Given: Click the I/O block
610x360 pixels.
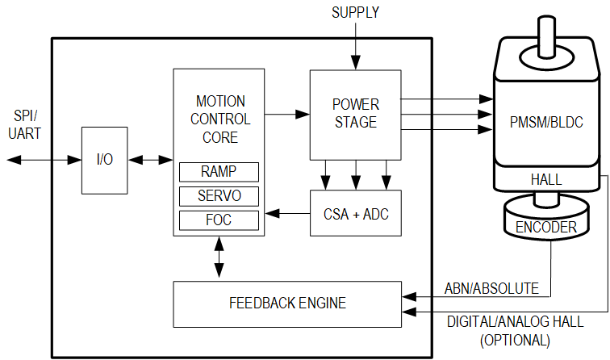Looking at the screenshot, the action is pos(104,160).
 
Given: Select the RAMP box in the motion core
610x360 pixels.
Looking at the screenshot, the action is pos(219,172).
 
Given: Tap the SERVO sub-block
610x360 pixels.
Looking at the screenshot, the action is pos(219,196).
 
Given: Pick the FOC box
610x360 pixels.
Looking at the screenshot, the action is pos(219,220).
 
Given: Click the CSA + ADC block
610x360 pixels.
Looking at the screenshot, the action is pos(356,213).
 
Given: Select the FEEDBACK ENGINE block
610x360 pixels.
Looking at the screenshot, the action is pos(287,304).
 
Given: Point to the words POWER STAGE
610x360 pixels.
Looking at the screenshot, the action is pos(356,113).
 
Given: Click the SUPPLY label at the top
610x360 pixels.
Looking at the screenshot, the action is pos(355,12).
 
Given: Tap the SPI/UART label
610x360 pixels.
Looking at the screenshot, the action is pos(24,124).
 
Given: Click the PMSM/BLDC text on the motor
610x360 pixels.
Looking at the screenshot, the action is pos(546,122).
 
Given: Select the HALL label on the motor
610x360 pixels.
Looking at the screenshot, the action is pos(546,179).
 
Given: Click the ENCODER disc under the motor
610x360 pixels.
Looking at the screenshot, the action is pos(546,218).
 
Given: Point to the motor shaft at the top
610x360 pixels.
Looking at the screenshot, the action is pos(546,35).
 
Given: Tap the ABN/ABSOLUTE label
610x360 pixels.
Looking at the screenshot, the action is pos(491,288).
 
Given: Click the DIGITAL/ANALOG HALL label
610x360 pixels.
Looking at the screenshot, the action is pos(515,322).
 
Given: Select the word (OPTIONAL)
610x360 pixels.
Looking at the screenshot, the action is pos(515,340).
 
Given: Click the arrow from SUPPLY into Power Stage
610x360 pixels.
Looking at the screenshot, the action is pos(356,46).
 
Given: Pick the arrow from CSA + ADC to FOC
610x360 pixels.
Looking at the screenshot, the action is pos(287,213).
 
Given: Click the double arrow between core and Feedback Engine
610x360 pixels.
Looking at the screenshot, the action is pos(219,257).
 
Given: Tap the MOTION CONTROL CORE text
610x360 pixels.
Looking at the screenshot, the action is pos(220,119).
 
